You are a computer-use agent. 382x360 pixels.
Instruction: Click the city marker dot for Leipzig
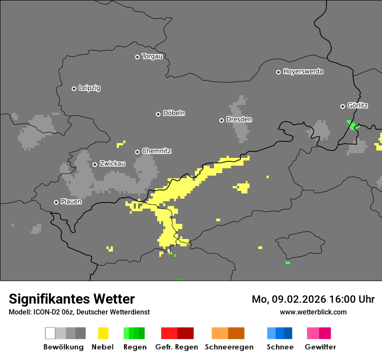click(74, 88)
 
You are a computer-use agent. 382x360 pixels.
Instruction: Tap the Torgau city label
click(152, 56)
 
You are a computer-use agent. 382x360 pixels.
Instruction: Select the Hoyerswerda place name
click(303, 72)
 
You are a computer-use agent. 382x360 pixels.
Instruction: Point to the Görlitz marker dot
click(342, 106)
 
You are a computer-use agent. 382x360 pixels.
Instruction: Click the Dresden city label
click(239, 120)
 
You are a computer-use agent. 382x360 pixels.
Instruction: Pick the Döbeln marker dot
click(158, 114)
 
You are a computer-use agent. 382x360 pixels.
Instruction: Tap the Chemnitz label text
click(156, 151)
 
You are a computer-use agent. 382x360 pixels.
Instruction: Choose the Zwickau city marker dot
click(95, 164)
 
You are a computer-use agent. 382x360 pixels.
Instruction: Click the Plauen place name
click(71, 202)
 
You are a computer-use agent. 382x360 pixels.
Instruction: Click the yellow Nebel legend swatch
click(103, 333)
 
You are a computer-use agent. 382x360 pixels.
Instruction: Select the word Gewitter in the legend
click(320, 347)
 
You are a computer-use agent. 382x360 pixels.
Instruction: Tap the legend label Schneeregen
click(229, 347)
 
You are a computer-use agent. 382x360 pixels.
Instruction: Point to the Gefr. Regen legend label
click(177, 347)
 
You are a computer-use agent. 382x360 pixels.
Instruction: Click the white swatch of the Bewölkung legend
click(50, 333)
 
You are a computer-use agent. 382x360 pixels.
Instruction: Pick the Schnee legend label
click(280, 347)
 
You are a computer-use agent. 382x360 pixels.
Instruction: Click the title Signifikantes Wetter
click(72, 299)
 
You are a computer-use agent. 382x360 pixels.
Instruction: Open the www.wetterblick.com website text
click(313, 312)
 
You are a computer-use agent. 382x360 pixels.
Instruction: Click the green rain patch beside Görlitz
click(352, 126)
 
